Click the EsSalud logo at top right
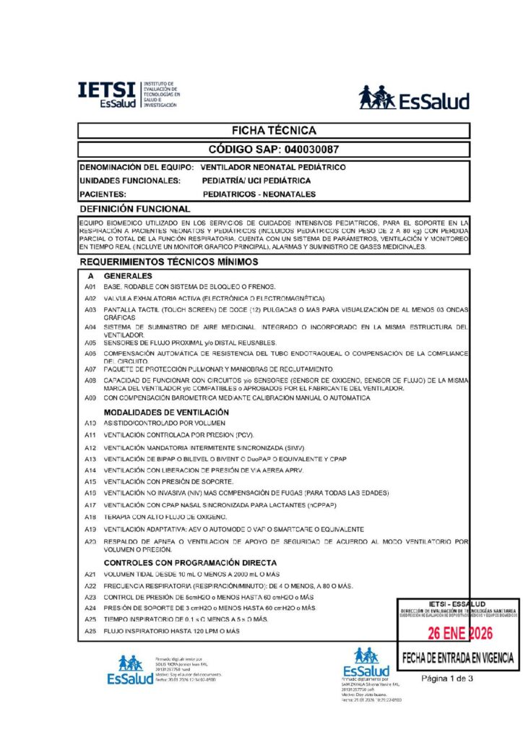pyautogui.click(x=414, y=98)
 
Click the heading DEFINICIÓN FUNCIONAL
pyautogui.click(x=135, y=208)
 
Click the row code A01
pyautogui.click(x=90, y=287)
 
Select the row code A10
pyautogui.click(x=90, y=422)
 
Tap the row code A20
pyautogui.click(x=90, y=541)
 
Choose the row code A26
pyautogui.click(x=90, y=631)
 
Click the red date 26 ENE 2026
pyautogui.click(x=459, y=634)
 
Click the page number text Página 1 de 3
pyautogui.click(x=447, y=678)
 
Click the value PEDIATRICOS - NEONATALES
pyautogui.click(x=259, y=194)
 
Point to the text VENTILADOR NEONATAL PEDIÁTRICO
pyautogui.click(x=274, y=168)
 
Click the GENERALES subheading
pyautogui.click(x=128, y=276)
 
